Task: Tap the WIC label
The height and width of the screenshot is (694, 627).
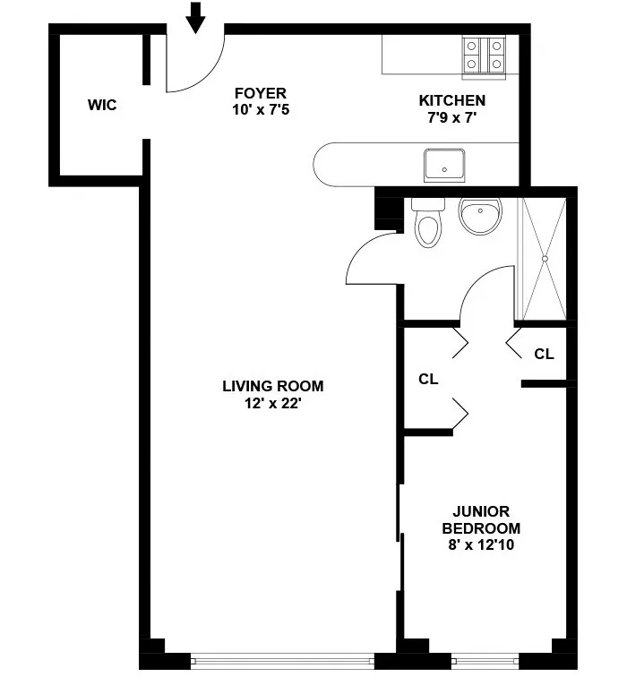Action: (102, 105)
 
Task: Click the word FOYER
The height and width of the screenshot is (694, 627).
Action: (260, 93)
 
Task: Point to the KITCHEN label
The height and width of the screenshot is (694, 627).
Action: (452, 100)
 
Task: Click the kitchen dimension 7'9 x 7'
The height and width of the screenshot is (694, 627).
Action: (452, 117)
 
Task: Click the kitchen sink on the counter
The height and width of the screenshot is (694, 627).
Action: (444, 167)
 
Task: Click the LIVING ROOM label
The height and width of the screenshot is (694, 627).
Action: (273, 387)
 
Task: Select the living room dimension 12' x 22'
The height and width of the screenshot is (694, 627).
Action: (273, 403)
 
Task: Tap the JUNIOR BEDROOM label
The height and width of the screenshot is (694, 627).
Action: (486, 519)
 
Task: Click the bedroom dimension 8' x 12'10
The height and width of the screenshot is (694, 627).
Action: (486, 544)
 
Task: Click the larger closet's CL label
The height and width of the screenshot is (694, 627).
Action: (428, 379)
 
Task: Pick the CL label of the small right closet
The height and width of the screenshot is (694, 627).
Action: (544, 354)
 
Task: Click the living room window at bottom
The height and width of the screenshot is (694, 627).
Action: (282, 661)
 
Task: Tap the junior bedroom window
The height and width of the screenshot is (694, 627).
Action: (485, 662)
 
